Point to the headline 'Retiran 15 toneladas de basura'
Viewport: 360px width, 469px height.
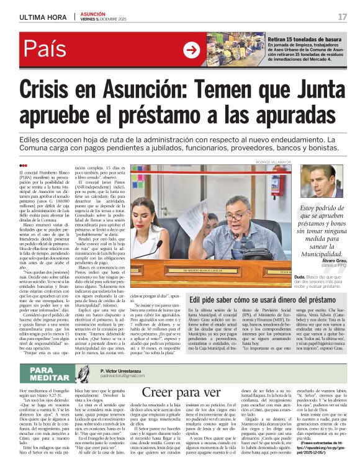304,38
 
